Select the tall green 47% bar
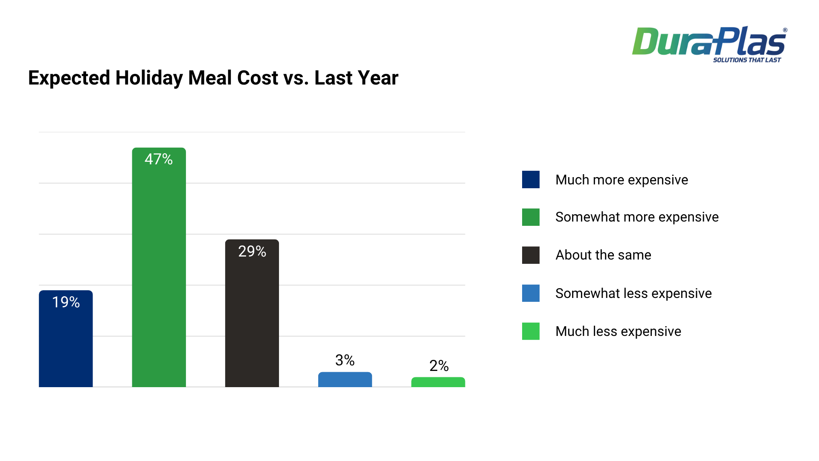pos(159,273)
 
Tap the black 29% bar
pos(252,320)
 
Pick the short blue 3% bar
pos(345,380)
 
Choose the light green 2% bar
pos(438,382)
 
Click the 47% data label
pos(159,159)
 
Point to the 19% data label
pos(66,302)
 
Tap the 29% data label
pos(252,251)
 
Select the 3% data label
pos(345,360)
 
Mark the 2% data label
pos(439,366)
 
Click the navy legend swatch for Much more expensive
pos(531,180)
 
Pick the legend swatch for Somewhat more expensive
pos(531,217)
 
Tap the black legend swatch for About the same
pos(531,255)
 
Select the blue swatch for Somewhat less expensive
pos(531,293)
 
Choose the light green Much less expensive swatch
pos(531,331)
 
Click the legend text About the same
pos(603,255)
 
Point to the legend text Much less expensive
pos(618,332)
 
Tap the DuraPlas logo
pos(709,42)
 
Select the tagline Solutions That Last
pos(746,60)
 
